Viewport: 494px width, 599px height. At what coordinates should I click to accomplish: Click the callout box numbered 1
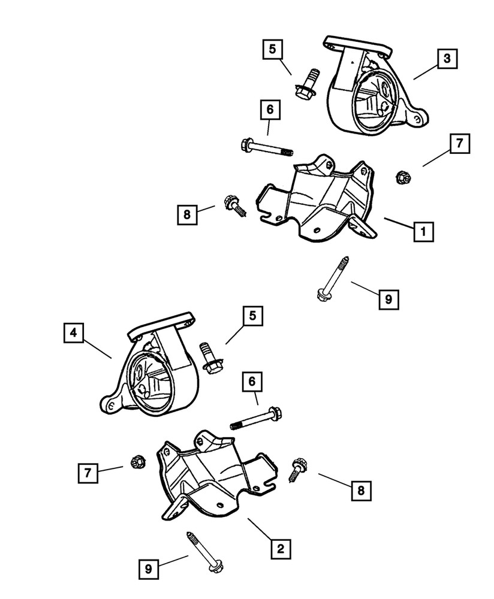pyautogui.click(x=423, y=231)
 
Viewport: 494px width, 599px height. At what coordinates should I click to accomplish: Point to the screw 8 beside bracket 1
pyautogui.click(x=233, y=205)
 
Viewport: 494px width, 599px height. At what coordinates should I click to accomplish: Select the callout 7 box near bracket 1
pyautogui.click(x=459, y=144)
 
